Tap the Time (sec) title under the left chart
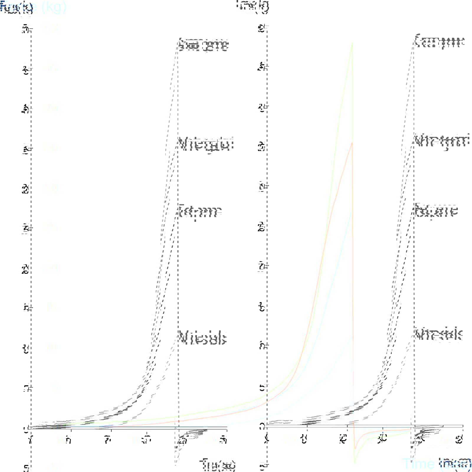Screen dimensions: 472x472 217,464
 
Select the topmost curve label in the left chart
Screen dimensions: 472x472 204,45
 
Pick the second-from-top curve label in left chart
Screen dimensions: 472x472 206,144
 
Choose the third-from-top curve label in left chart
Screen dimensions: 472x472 200,211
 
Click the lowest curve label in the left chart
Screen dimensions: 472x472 203,337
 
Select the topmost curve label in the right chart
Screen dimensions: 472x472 440,41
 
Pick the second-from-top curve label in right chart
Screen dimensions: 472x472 442,141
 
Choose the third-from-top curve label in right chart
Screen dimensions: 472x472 436,211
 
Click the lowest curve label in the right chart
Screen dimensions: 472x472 438,335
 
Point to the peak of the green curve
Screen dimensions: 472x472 352,43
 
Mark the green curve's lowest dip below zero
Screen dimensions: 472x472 354,463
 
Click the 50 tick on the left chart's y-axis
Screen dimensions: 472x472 26,29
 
